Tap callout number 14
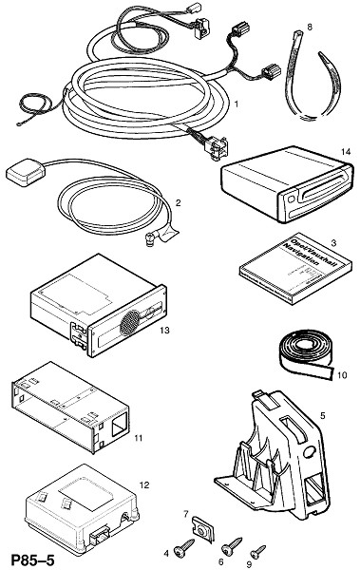(346, 152)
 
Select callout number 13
(164, 330)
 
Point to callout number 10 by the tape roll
(342, 375)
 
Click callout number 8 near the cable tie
(310, 27)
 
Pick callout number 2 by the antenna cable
(178, 203)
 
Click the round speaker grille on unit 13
(130, 322)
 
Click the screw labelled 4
(184, 547)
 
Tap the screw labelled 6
(232, 546)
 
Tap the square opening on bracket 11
(120, 424)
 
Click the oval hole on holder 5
(309, 451)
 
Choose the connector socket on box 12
(100, 537)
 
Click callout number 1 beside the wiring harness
(236, 104)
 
